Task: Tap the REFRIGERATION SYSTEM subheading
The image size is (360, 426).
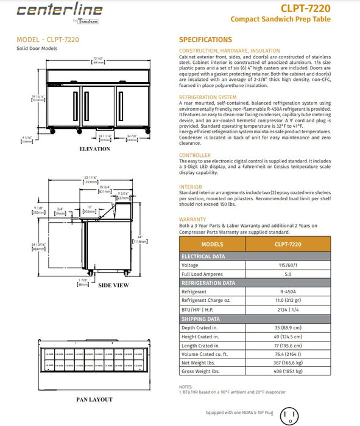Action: (208, 97)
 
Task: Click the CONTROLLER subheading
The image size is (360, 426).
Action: (195, 155)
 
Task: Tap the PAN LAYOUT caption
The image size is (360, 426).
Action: (94, 400)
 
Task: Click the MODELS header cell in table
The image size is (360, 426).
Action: (212, 243)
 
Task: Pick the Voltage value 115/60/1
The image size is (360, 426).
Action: (295, 265)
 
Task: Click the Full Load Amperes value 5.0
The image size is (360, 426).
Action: (295, 274)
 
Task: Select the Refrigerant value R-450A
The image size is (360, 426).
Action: (295, 292)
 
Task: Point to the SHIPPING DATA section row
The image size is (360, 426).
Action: (201, 318)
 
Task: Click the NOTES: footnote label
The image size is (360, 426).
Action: (186, 386)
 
